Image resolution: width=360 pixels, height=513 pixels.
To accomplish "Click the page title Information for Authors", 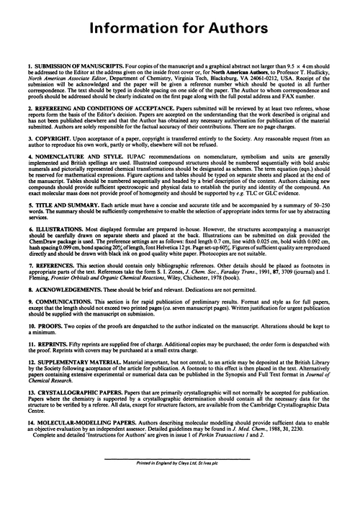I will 180,28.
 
